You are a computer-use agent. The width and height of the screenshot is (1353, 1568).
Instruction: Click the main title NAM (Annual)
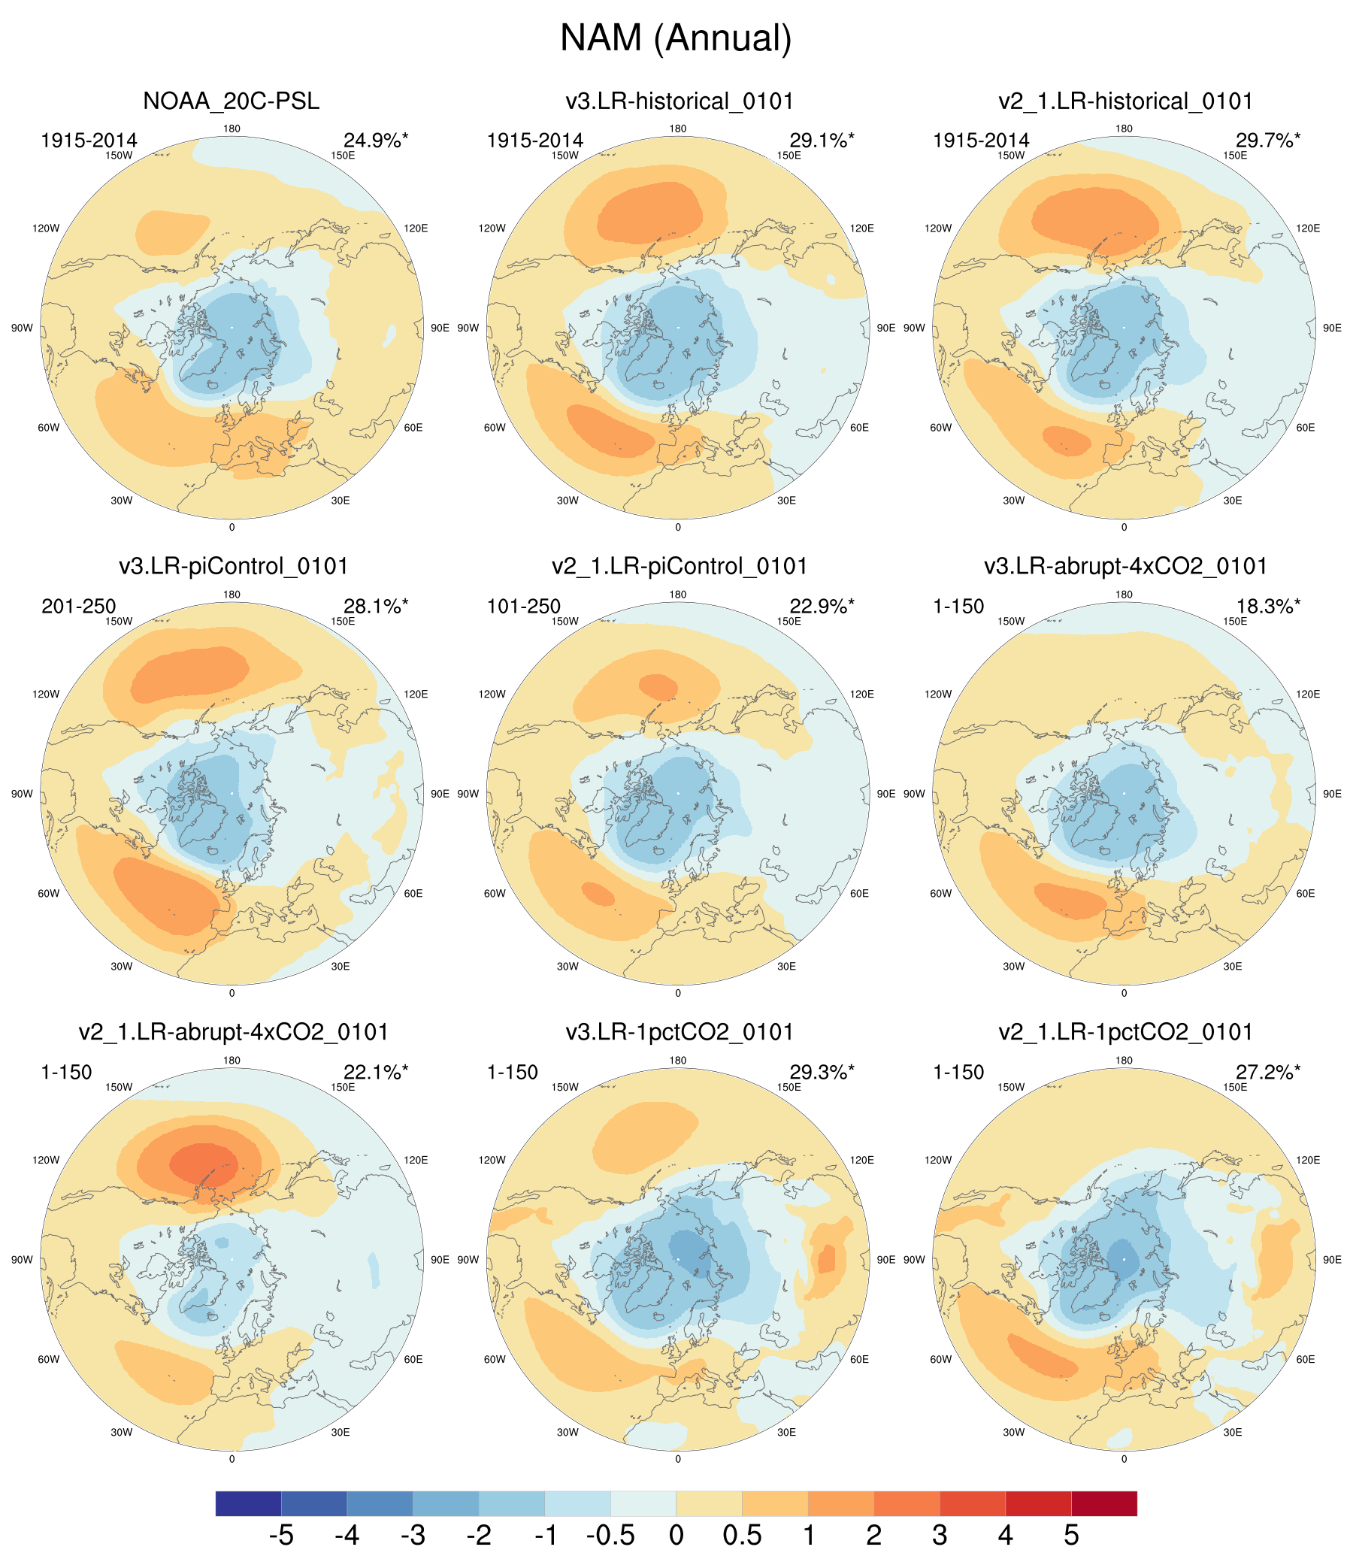[676, 38]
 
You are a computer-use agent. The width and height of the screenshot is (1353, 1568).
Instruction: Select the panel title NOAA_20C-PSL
[231, 101]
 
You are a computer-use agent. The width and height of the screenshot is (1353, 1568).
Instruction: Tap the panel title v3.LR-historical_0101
[679, 101]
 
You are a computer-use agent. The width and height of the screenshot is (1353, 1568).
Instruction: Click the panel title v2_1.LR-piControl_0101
[679, 566]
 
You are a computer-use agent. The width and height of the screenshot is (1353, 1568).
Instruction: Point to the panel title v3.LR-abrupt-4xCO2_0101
[1125, 566]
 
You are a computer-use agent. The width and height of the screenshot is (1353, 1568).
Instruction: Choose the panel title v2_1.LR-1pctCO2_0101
[1125, 1032]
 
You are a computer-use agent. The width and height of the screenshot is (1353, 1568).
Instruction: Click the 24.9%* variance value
[375, 141]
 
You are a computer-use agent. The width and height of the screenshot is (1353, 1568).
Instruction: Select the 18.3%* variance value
[1268, 606]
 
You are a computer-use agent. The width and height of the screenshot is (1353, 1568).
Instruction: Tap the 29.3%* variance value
[822, 1073]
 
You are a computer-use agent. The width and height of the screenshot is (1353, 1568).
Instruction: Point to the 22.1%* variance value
[375, 1073]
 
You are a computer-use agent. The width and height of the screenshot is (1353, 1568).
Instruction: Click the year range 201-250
[79, 606]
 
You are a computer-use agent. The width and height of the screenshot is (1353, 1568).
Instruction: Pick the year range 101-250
[524, 606]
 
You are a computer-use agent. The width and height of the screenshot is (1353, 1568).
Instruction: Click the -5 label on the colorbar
[280, 1536]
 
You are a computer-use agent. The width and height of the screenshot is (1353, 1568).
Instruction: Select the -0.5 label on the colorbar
[610, 1536]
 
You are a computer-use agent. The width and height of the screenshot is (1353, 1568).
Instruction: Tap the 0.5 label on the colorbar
[742, 1536]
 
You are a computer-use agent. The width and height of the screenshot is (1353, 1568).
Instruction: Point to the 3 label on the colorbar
[939, 1536]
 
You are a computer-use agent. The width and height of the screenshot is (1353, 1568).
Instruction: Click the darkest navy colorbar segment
[248, 1503]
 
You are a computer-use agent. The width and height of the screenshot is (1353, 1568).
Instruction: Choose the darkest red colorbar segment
[1104, 1503]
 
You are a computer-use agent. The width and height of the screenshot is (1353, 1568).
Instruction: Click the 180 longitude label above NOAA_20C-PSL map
[232, 129]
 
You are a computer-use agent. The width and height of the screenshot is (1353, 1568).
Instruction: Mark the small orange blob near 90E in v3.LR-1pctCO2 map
[826, 1260]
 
